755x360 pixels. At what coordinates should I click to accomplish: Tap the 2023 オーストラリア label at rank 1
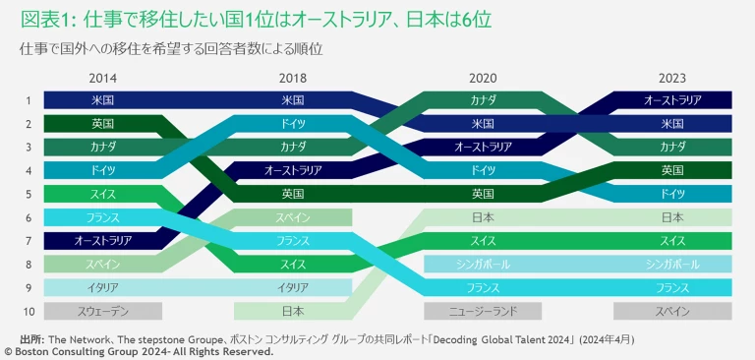(x=672, y=100)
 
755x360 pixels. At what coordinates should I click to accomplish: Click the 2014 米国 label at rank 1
(x=102, y=100)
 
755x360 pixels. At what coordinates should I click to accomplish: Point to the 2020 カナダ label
(x=483, y=100)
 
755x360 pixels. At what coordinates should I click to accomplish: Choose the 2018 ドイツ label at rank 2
(x=293, y=124)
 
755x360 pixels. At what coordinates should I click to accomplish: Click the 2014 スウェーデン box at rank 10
(x=102, y=311)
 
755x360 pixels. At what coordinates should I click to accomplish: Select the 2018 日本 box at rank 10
(x=293, y=311)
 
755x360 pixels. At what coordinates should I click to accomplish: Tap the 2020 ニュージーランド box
(x=483, y=311)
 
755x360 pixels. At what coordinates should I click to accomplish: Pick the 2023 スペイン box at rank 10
(x=672, y=311)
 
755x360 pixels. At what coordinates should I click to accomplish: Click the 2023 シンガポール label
(x=672, y=264)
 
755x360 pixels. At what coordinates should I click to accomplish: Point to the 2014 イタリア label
(x=102, y=287)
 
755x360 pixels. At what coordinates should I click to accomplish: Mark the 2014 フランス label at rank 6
(x=102, y=217)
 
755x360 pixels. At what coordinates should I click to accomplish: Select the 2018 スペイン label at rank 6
(x=293, y=217)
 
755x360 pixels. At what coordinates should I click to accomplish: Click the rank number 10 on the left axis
(x=29, y=311)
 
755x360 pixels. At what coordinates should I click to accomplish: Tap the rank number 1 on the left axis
(x=29, y=100)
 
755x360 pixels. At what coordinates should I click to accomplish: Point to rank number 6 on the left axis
(x=29, y=217)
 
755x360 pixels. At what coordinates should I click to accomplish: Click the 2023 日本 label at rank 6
(x=672, y=217)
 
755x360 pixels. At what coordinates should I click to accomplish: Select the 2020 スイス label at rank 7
(x=483, y=241)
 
